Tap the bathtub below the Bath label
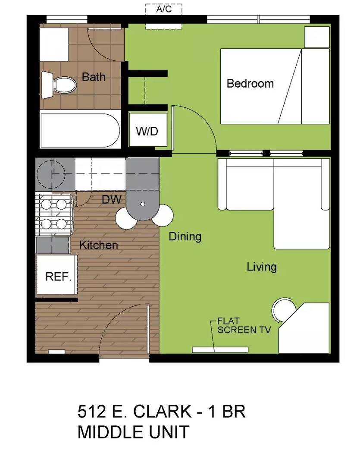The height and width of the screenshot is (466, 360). pos(80,130)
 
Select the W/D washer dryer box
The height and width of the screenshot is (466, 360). pos(147,131)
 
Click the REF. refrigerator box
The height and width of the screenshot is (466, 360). pos(58,276)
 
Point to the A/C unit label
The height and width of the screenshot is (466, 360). pos(164,9)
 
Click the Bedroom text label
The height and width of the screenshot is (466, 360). pos(250,83)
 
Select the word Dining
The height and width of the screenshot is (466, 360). pos(185,236)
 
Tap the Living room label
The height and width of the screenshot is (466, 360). pos(261,267)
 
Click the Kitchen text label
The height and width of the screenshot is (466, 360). pos(98,245)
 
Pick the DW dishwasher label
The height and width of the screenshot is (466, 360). pos(111,200)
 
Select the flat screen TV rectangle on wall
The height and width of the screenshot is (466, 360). pos(220,349)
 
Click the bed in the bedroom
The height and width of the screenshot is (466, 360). pos(275,86)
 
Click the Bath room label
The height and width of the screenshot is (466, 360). pos(94,77)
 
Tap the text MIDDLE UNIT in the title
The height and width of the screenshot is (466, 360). pos(133,432)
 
